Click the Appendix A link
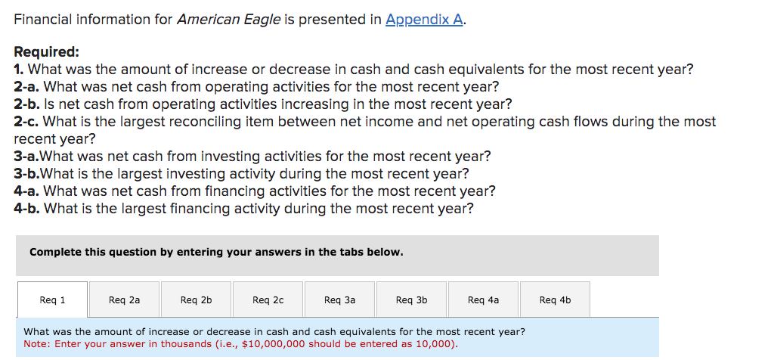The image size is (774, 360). tap(424, 20)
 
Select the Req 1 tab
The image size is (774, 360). tap(52, 300)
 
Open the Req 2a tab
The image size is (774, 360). tap(124, 300)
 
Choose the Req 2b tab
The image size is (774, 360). tap(196, 300)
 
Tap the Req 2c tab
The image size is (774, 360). tap(268, 300)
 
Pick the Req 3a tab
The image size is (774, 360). tap(339, 300)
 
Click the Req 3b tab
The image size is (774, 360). tap(411, 300)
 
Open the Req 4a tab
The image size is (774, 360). tap(483, 300)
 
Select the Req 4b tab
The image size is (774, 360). tap(555, 300)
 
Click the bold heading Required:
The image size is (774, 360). tap(46, 52)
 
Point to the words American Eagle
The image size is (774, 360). tap(228, 20)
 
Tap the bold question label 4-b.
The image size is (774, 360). tap(27, 208)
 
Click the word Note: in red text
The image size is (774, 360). tap(37, 344)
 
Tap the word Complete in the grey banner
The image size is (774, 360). tap(54, 252)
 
